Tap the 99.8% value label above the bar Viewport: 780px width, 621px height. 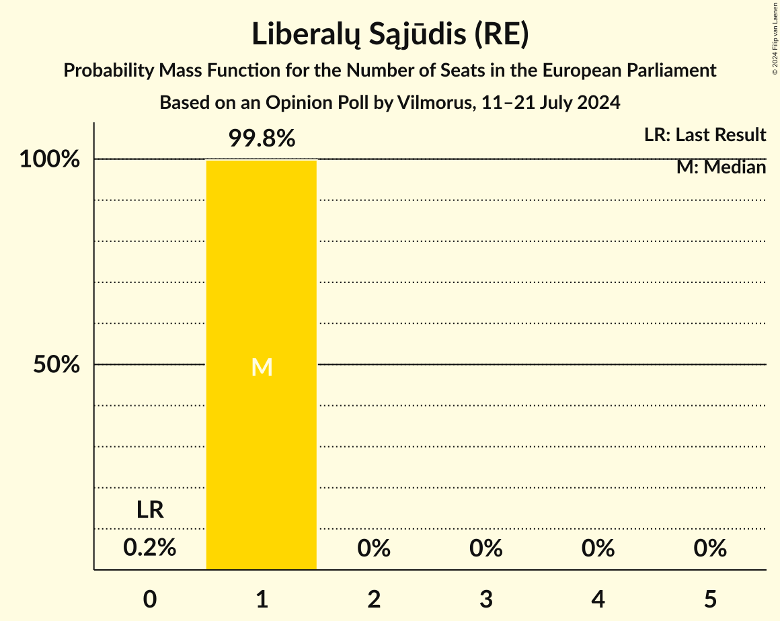tap(262, 138)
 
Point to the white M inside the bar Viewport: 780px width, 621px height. tap(262, 367)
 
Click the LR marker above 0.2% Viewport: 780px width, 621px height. tap(150, 510)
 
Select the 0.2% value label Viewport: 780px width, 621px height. tap(150, 548)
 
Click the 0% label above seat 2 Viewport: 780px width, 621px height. tap(374, 548)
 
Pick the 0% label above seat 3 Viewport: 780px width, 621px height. tap(486, 548)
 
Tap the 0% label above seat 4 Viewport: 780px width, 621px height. tap(598, 548)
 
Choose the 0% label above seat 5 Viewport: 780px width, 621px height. tap(710, 548)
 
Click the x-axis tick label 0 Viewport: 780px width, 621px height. tap(150, 598)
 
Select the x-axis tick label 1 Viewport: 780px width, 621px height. tap(262, 598)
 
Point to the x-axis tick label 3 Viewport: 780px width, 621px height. tap(486, 598)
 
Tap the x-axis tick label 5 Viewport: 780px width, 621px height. tap(710, 598)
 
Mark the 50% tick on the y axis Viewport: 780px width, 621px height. tap(57, 365)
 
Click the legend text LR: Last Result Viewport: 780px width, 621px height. tap(705, 135)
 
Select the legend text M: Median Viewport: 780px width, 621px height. tap(721, 167)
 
